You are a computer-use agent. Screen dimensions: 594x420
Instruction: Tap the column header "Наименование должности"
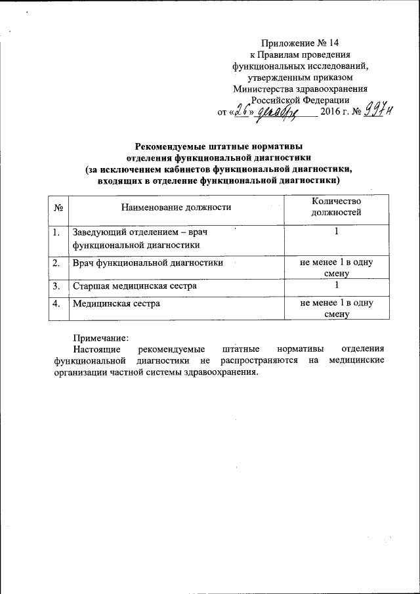click(x=177, y=208)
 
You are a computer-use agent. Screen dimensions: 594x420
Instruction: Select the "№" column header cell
click(x=58, y=208)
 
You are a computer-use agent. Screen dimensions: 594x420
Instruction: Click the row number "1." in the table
click(x=57, y=232)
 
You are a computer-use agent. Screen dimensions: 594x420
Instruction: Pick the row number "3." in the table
click(x=57, y=286)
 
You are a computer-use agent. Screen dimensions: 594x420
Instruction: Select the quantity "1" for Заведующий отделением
click(x=336, y=232)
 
